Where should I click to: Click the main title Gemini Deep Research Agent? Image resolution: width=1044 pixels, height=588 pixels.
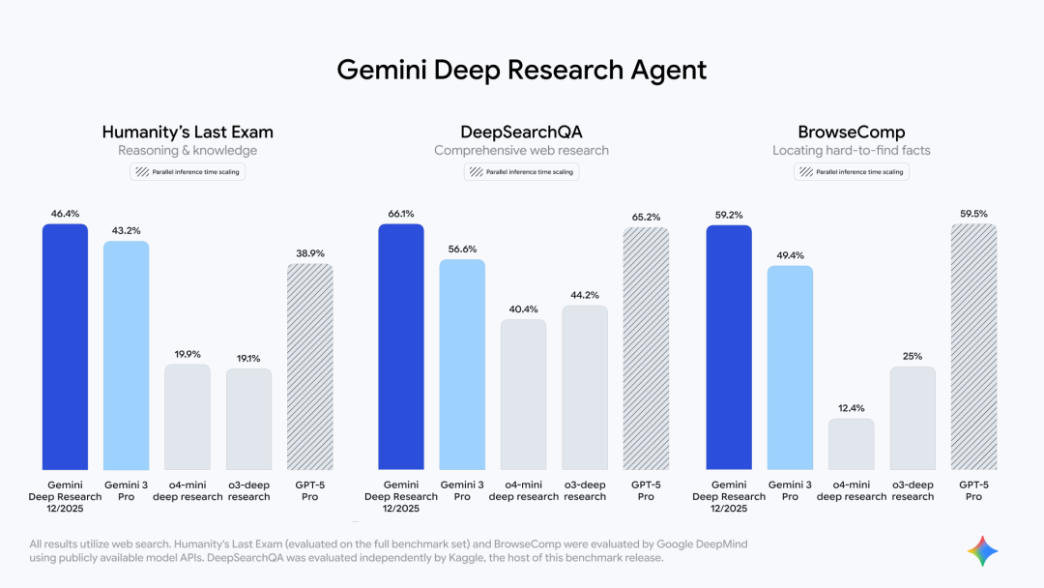(521, 70)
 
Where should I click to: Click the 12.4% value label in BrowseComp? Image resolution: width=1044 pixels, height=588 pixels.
(851, 406)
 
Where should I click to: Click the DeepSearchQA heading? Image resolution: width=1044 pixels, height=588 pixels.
(521, 132)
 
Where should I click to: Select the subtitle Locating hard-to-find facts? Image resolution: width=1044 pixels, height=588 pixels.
(851, 151)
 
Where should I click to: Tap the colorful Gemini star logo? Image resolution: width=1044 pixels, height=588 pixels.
(982, 551)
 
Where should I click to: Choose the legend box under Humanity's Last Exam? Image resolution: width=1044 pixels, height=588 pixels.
(188, 172)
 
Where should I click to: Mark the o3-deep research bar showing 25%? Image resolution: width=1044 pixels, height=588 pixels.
(913, 418)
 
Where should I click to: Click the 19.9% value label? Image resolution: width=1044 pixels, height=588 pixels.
(188, 353)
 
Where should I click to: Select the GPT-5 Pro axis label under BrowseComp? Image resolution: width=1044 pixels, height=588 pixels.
(973, 490)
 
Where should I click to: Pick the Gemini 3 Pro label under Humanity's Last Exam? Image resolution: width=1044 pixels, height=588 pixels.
(126, 490)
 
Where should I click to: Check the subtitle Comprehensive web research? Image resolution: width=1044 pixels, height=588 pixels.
(521, 151)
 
